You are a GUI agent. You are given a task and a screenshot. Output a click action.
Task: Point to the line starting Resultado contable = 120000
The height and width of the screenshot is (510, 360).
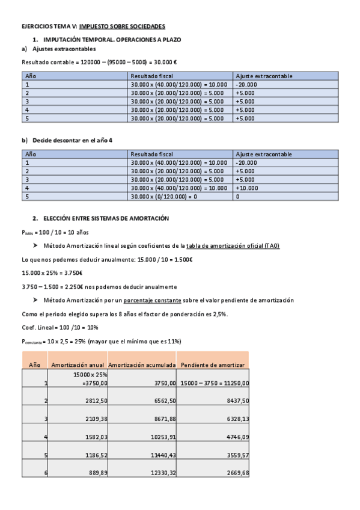pos(99,62)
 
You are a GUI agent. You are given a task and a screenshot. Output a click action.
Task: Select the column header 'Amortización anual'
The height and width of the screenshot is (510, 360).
pos(78,364)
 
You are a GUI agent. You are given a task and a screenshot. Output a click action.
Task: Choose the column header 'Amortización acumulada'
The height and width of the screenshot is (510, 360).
pos(142,364)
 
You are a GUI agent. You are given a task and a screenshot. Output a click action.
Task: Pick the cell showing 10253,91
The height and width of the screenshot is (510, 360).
pos(163,436)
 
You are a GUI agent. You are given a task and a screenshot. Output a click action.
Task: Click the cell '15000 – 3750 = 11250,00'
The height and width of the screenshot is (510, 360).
pos(215,382)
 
